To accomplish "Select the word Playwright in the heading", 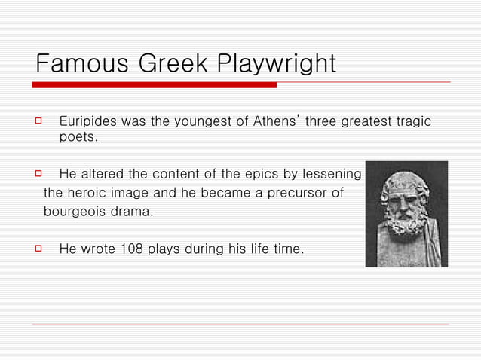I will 277,63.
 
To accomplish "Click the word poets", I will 78,138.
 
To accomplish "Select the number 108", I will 133,249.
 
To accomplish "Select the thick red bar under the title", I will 155,85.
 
